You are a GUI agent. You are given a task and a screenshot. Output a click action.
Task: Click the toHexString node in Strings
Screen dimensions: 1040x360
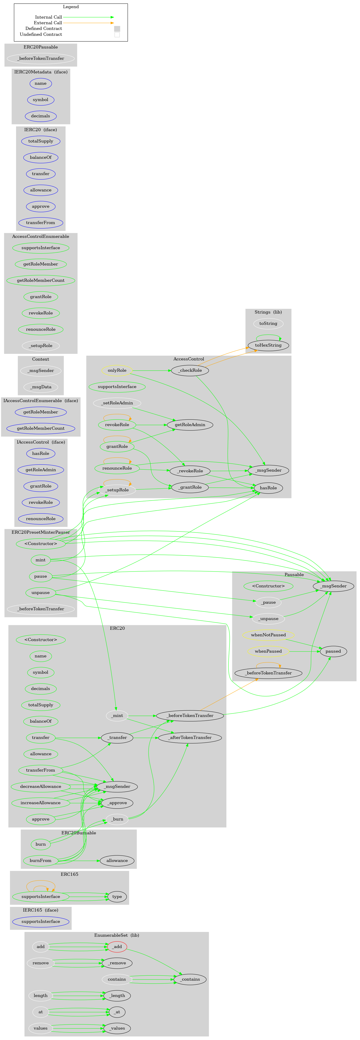pyautogui.click(x=268, y=345)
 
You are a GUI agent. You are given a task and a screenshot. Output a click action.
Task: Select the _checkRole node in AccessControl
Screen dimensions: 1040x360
pyautogui.click(x=190, y=370)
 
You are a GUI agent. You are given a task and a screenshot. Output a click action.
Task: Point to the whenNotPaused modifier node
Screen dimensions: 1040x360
pyautogui.click(x=268, y=635)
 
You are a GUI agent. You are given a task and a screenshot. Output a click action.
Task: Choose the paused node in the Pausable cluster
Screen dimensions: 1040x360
pyautogui.click(x=333, y=651)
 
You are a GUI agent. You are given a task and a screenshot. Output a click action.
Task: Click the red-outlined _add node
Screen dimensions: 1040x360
pyautogui.click(x=117, y=946)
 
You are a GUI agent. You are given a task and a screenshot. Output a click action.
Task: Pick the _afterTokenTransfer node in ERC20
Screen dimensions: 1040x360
pyautogui.click(x=190, y=738)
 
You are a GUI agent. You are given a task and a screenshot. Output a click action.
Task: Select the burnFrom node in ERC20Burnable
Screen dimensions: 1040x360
pyautogui.click(x=40, y=860)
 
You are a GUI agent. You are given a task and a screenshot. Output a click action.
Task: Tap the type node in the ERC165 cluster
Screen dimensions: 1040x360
pyautogui.click(x=117, y=896)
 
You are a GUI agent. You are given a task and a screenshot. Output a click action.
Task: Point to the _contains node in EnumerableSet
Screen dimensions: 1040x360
pyautogui.click(x=190, y=979)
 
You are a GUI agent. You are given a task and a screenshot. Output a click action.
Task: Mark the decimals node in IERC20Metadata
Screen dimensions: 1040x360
pyautogui.click(x=40, y=116)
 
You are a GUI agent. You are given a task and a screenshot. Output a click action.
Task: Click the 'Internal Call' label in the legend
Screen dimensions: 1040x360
pyautogui.click(x=48, y=17)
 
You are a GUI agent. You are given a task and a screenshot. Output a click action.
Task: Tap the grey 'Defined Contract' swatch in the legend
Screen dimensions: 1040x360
pyautogui.click(x=117, y=29)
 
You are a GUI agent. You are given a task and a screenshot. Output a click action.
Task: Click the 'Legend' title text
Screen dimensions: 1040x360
pyautogui.click(x=71, y=7)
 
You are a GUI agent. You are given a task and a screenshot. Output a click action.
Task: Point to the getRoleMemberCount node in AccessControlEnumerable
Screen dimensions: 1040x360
pyautogui.click(x=40, y=280)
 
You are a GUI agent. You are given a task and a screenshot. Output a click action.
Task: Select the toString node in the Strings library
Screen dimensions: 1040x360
pyautogui.click(x=268, y=323)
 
